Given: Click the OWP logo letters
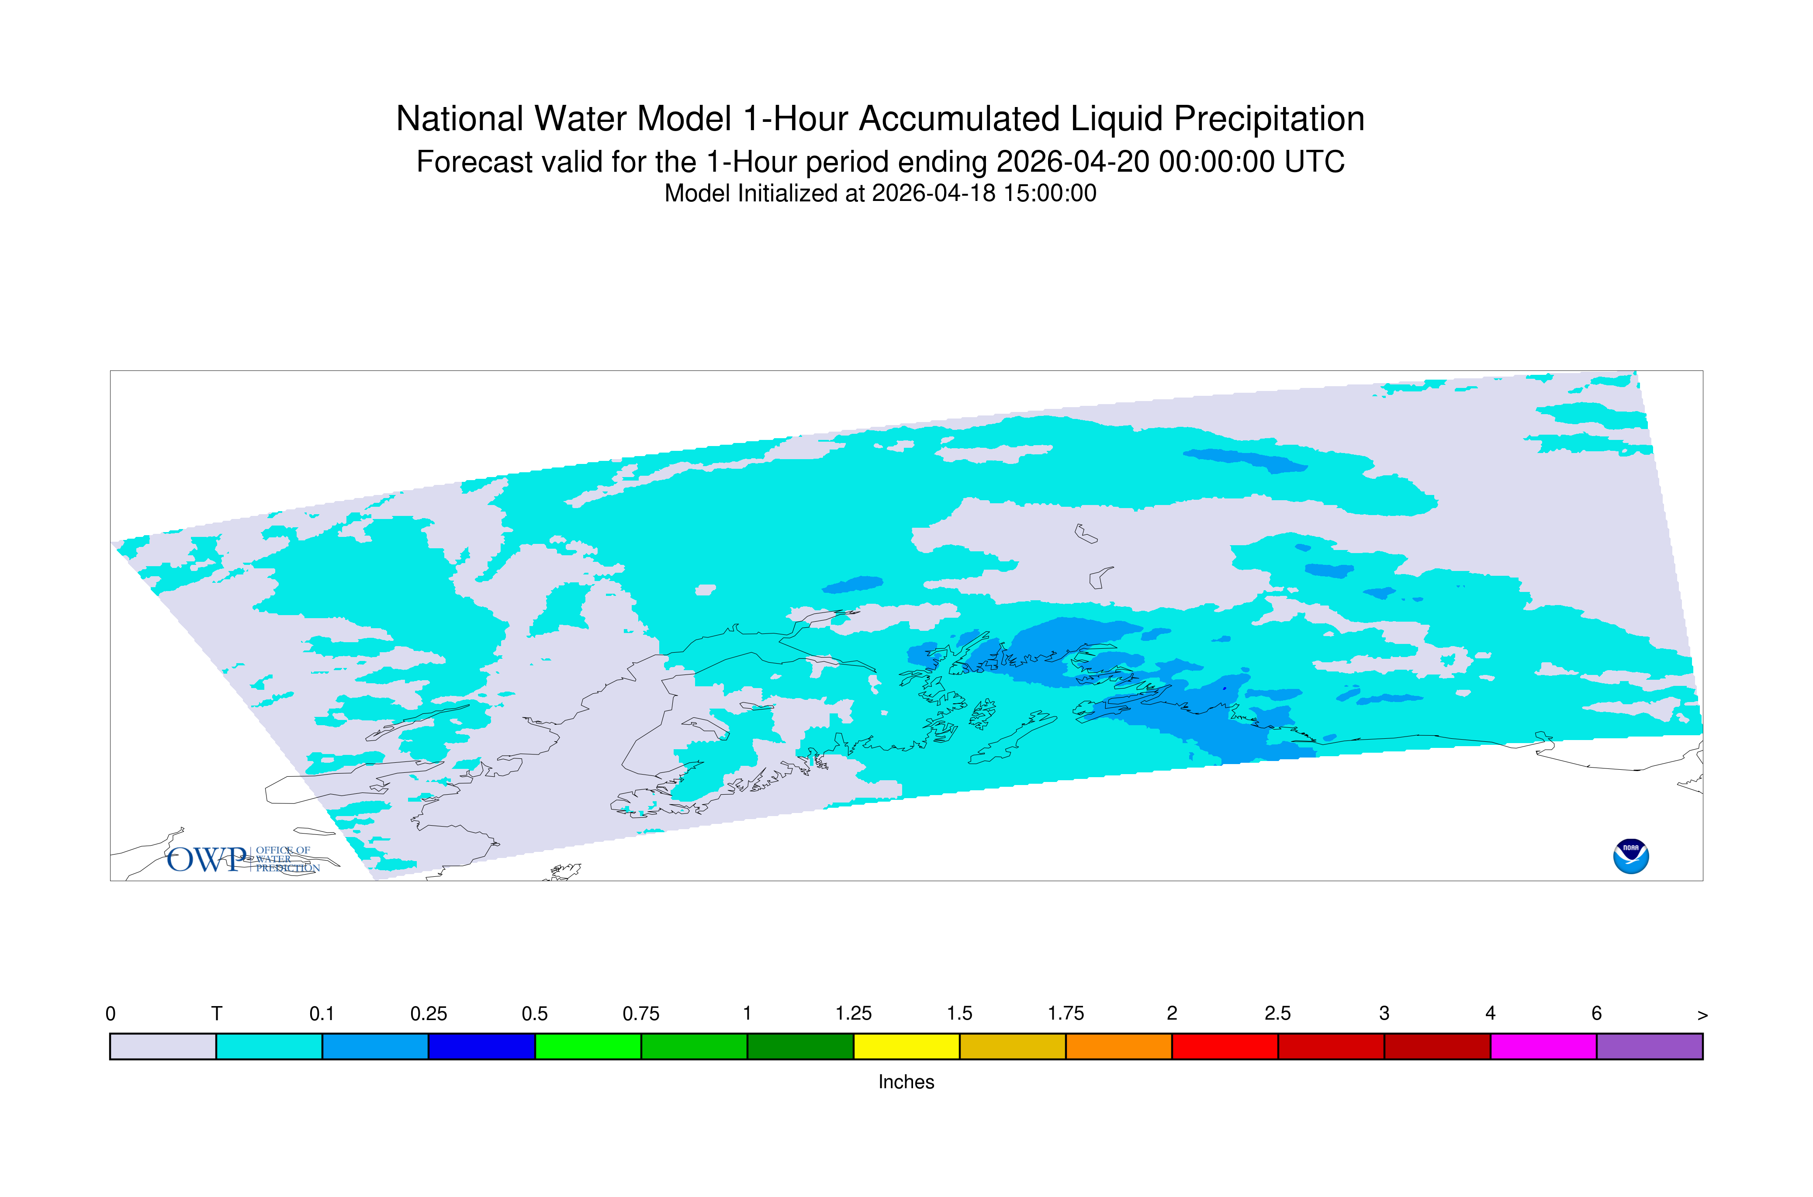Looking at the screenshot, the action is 208,860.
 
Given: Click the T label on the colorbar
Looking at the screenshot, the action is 217,1014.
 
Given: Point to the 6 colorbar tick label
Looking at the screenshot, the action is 1596,1014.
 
